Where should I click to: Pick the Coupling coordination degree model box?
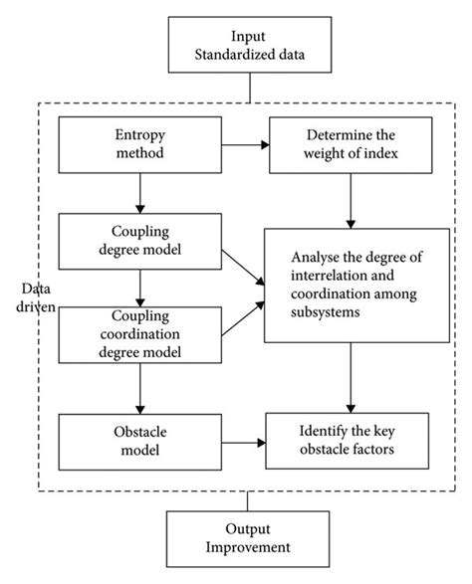pyautogui.click(x=139, y=334)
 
